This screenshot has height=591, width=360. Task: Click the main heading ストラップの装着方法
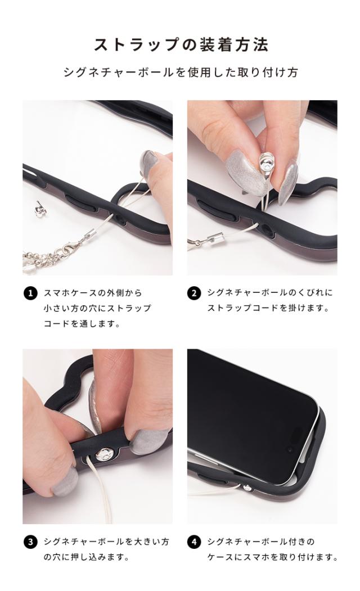pos(181,45)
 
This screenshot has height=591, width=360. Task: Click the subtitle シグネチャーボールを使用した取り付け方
pos(181,72)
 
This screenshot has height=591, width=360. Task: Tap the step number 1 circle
pos(30,293)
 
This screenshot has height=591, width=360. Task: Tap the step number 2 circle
pos(193,293)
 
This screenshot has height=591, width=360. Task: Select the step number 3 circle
pos(30,542)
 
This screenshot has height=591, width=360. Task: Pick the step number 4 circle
pos(193,542)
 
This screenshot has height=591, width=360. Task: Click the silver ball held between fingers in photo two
pos(266,163)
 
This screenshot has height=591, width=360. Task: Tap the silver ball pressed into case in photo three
pos(105,454)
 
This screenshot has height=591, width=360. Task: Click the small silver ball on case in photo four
pos(247,488)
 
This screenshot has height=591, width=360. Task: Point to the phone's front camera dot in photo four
pos(289,450)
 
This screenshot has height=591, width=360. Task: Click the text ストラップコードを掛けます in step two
pos(268,308)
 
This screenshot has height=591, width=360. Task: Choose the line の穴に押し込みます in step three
pos(87,557)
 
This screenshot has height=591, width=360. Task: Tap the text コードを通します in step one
pos(82,323)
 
